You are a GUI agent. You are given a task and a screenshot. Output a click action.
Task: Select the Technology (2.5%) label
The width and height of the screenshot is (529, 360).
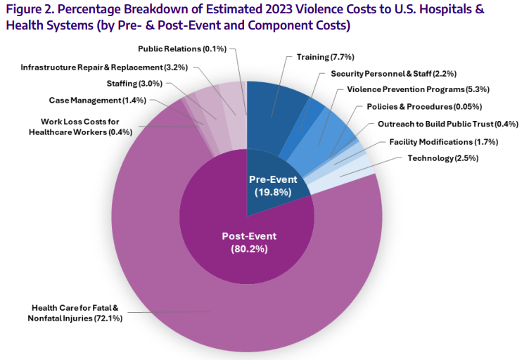point(443,158)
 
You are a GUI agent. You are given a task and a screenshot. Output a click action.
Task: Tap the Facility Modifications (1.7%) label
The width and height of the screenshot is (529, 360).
point(443,141)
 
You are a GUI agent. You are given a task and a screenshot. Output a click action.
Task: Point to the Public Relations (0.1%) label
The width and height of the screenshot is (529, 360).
point(181,49)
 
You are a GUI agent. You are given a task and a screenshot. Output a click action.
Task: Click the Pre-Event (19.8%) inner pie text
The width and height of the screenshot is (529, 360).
point(273,184)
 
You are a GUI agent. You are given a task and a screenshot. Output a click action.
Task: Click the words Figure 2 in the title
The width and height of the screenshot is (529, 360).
point(28,11)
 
